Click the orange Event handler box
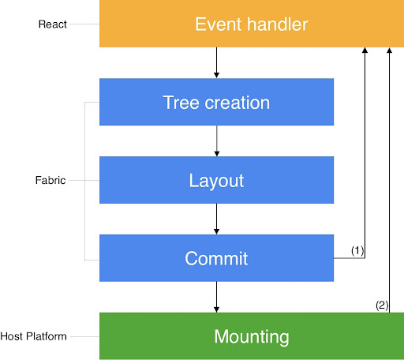tap(251, 24)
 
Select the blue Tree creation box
tap(216, 102)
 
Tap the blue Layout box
tap(216, 180)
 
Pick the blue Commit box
tap(216, 258)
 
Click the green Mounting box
tap(251, 336)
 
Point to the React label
tap(52, 24)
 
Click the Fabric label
tap(51, 180)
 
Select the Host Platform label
tap(35, 336)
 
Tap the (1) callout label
tap(357, 250)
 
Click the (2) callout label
tap(381, 305)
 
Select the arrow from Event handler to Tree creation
tap(216, 63)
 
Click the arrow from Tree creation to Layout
tap(216, 141)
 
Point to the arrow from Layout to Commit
tap(216, 219)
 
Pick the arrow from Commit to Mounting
tap(216, 297)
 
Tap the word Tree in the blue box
tap(178, 102)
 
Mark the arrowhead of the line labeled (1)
tap(365, 51)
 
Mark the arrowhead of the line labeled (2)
tap(389, 51)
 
